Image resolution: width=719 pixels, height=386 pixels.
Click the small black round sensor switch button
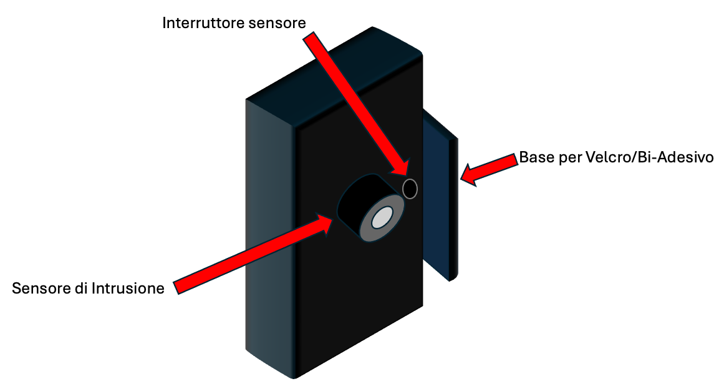tap(410, 188)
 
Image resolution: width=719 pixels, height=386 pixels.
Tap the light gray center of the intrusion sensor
tap(382, 218)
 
